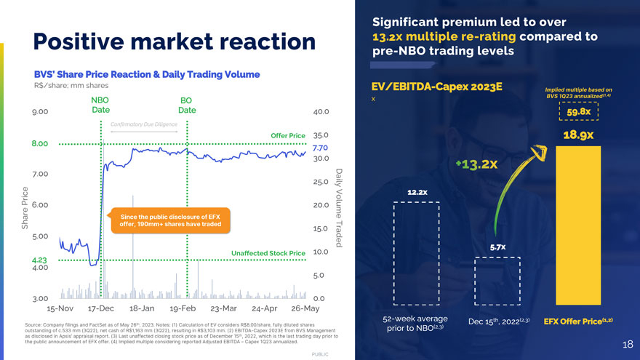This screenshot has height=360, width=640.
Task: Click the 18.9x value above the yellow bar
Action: tap(578, 135)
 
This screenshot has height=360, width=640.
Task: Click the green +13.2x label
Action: tap(476, 164)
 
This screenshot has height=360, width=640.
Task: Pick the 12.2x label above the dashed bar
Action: tap(417, 192)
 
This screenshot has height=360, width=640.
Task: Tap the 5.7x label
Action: tap(498, 248)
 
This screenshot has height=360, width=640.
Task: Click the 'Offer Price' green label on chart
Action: tap(287, 135)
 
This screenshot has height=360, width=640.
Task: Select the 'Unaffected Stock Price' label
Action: tap(268, 253)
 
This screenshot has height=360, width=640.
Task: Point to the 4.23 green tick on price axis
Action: tap(39, 260)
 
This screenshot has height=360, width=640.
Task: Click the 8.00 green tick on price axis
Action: tap(39, 143)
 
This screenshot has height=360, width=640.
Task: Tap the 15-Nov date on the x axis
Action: tap(60, 308)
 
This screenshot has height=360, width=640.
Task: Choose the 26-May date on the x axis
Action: tap(304, 308)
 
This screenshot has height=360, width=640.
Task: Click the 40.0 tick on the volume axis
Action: tap(321, 112)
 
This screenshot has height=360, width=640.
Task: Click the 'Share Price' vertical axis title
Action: tap(25, 209)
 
